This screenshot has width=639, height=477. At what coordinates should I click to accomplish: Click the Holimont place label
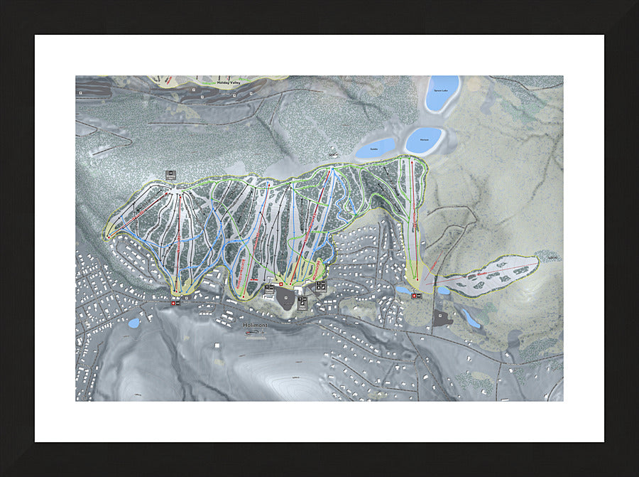point(254,325)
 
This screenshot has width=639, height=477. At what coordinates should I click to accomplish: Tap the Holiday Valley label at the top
point(230,82)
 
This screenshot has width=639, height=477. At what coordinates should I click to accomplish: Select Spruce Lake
point(442,92)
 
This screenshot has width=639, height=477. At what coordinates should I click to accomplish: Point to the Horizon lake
point(425,139)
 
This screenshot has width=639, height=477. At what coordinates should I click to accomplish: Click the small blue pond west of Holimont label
point(134,323)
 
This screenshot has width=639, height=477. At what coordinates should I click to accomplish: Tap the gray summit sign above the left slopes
point(170,174)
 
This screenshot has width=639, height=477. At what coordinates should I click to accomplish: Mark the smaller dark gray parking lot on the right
point(442,318)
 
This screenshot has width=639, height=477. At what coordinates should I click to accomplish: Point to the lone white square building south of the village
point(216,345)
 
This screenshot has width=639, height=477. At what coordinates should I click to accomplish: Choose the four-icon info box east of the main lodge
point(320,285)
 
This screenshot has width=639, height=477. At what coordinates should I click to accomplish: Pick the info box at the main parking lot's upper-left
point(269,289)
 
